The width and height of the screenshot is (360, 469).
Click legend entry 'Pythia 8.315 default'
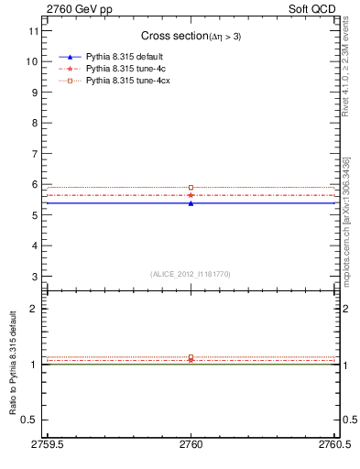(125, 57)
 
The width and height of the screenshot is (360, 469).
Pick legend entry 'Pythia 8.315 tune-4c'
(125, 69)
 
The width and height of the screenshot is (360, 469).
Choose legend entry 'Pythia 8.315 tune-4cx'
(127, 82)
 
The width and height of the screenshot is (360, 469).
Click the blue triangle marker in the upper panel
(191, 202)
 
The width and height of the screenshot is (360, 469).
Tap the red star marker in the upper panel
(191, 195)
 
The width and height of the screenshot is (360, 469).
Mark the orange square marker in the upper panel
(191, 187)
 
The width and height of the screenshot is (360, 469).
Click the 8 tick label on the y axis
(35, 123)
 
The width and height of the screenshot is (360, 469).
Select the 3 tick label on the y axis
(35, 277)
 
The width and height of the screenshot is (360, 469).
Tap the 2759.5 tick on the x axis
(47, 444)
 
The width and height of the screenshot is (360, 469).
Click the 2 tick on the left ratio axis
(35, 309)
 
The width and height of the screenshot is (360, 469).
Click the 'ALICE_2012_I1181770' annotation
(191, 273)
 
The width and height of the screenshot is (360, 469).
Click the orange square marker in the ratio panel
(191, 357)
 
